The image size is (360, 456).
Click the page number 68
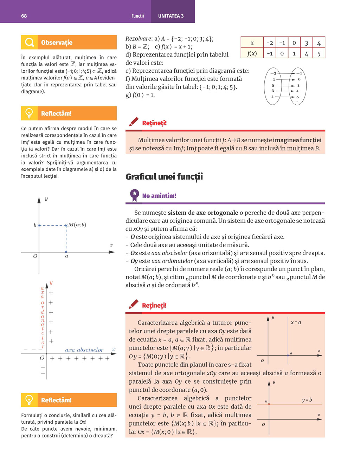pyautogui.click(x=24, y=16)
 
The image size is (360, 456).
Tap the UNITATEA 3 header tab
pyautogui.click(x=171, y=16)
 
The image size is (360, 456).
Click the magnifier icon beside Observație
pyautogui.click(x=30, y=43)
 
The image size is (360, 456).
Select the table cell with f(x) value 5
pyautogui.click(x=319, y=54)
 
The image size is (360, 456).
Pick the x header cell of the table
pyautogui.click(x=252, y=43)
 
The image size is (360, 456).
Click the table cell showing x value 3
pyautogui.click(x=306, y=43)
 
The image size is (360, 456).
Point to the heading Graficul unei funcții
pyautogui.click(x=164, y=177)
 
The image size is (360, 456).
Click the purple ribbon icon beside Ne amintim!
pyautogui.click(x=134, y=195)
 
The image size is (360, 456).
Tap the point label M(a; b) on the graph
pyautogui.click(x=77, y=225)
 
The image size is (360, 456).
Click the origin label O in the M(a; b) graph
pyautogui.click(x=35, y=256)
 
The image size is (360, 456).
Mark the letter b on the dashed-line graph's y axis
pyautogui.click(x=35, y=225)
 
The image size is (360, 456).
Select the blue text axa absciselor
pyautogui.click(x=84, y=350)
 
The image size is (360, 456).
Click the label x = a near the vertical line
pyautogui.click(x=296, y=322)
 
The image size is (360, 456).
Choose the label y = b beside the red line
pyautogui.click(x=307, y=400)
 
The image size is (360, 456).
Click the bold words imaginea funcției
pyautogui.click(x=297, y=140)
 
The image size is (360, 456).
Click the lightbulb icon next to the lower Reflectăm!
pyautogui.click(x=30, y=400)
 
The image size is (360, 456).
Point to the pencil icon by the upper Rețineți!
pyautogui.click(x=134, y=122)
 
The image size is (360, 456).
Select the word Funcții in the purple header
pyautogui.click(x=138, y=16)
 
